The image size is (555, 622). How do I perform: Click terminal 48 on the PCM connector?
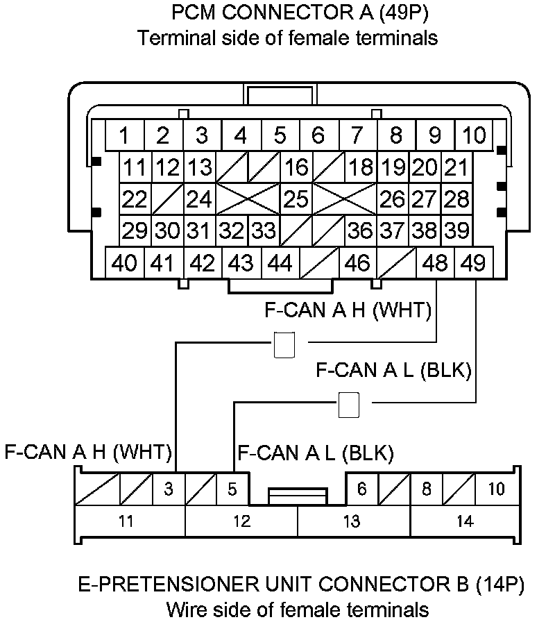pyautogui.click(x=436, y=264)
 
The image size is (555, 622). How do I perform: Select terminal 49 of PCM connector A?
pyautogui.click(x=475, y=264)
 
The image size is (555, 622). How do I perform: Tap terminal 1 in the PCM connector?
pyautogui.click(x=124, y=135)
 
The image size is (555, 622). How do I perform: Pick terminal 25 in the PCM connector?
pyautogui.click(x=296, y=199)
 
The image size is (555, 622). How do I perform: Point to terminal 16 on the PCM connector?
pyautogui.click(x=296, y=167)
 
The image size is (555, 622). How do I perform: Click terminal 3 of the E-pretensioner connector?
pyautogui.click(x=168, y=489)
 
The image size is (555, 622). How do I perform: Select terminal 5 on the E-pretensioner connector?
pyautogui.click(x=232, y=489)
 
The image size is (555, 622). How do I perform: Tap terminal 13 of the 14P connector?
pyautogui.click(x=352, y=521)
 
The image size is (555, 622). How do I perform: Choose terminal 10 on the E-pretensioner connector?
pyautogui.click(x=496, y=489)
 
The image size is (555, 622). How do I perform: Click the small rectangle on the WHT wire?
pyautogui.click(x=284, y=345)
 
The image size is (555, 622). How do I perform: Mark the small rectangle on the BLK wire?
pyautogui.click(x=348, y=405)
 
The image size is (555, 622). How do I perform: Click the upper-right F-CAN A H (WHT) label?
pyautogui.click(x=348, y=310)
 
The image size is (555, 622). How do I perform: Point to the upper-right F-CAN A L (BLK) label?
pyautogui.click(x=393, y=370)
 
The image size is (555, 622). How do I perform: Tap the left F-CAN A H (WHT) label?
pyautogui.click(x=88, y=453)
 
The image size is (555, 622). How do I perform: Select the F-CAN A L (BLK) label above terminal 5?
pyautogui.click(x=316, y=454)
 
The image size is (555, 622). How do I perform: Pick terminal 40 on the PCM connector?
pyautogui.click(x=124, y=264)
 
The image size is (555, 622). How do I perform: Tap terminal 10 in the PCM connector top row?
pyautogui.click(x=475, y=135)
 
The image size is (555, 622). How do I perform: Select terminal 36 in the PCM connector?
pyautogui.click(x=360, y=230)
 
